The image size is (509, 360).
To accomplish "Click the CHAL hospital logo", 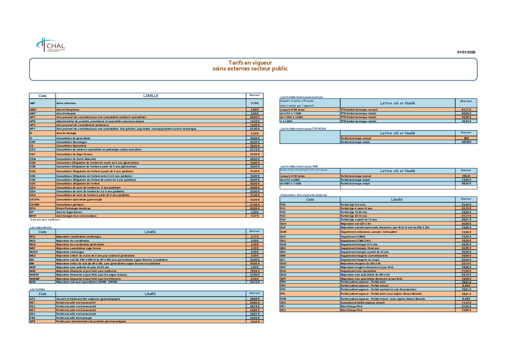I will pyautogui.click(x=50, y=45).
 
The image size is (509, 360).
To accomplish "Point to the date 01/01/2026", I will pyautogui.click(x=466, y=52).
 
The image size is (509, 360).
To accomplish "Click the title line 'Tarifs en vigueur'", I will pyautogui.click(x=250, y=63).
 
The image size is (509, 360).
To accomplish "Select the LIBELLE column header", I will pyautogui.click(x=151, y=96).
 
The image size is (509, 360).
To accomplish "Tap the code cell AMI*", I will pyautogui.click(x=33, y=103).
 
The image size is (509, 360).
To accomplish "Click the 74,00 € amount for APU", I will pyautogui.click(x=254, y=125).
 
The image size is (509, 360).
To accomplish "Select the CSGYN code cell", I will pyautogui.click(x=35, y=200).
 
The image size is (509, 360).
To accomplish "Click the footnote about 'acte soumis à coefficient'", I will pyautogui.click(x=45, y=220).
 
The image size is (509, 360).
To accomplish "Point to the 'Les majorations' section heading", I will pyautogui.click(x=41, y=227).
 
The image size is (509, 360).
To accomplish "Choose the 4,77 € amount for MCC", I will pyautogui.click(x=254, y=236).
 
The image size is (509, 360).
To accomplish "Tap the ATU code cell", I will pyautogui.click(x=33, y=299).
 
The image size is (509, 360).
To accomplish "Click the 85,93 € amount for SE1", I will pyautogui.click(x=254, y=303).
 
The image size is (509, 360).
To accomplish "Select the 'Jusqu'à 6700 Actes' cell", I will pyautogui.click(x=292, y=110).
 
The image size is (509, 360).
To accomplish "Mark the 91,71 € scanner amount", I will pyautogui.click(x=466, y=110).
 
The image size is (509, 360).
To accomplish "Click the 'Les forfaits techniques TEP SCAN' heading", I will pyautogui.click(x=303, y=129).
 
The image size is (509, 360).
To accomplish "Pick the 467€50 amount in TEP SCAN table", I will pyautogui.click(x=466, y=142).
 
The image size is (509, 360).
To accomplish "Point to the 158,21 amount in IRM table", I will pyautogui.click(x=466, y=176).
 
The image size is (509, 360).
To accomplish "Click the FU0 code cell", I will pyautogui.click(x=283, y=205).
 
